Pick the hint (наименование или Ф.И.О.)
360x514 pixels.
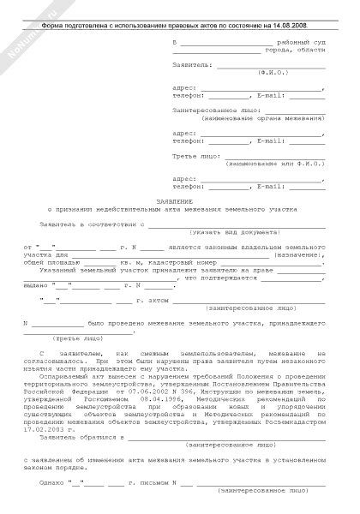click(274, 163)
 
